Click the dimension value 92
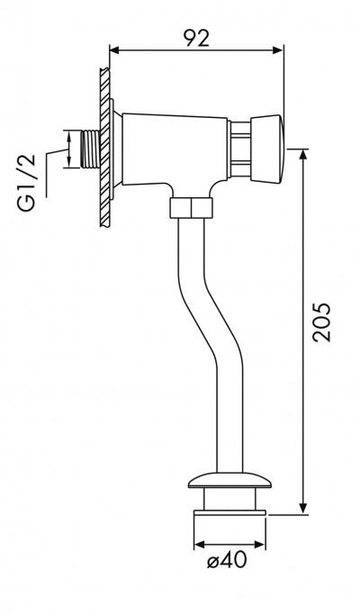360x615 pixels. click(x=197, y=37)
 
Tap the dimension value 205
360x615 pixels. click(x=321, y=322)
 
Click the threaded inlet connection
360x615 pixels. click(x=90, y=149)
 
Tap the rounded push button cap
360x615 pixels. click(x=266, y=149)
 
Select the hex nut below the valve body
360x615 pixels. click(x=192, y=208)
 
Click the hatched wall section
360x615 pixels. click(x=104, y=147)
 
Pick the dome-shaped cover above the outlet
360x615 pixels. click(x=229, y=481)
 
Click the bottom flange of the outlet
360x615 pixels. click(x=229, y=512)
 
